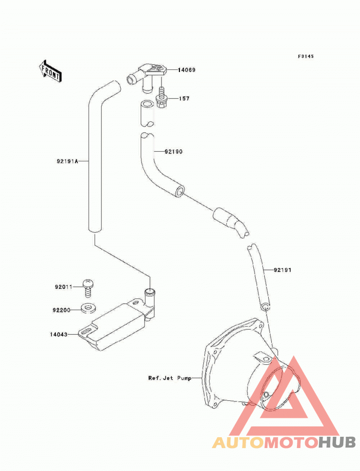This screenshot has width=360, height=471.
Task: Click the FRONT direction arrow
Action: [x=50, y=71]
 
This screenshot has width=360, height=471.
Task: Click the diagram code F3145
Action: [x=306, y=56]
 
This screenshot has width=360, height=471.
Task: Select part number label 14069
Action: [x=186, y=70]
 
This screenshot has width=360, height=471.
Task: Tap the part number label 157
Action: [x=184, y=99]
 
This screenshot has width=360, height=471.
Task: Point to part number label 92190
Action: [x=174, y=152]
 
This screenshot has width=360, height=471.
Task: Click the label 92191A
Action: [x=67, y=161]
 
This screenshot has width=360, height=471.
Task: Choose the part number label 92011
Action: [x=63, y=287]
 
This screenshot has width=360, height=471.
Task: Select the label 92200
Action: [x=62, y=310]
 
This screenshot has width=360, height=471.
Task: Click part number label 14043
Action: [x=59, y=334]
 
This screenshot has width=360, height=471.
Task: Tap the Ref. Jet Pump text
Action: [x=170, y=378]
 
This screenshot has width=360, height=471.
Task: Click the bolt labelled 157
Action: [x=162, y=98]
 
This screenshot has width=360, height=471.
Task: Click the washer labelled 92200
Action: [x=88, y=308]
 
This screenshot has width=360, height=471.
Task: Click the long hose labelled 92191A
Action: [x=95, y=156]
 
